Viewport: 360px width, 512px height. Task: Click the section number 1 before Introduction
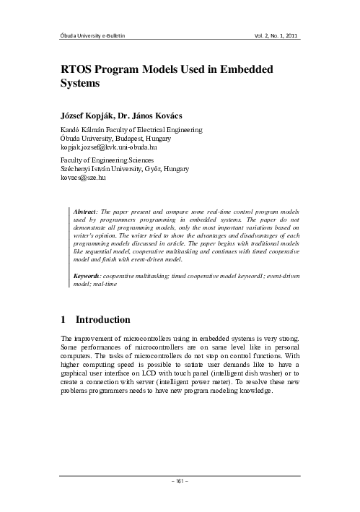click(x=65, y=319)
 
